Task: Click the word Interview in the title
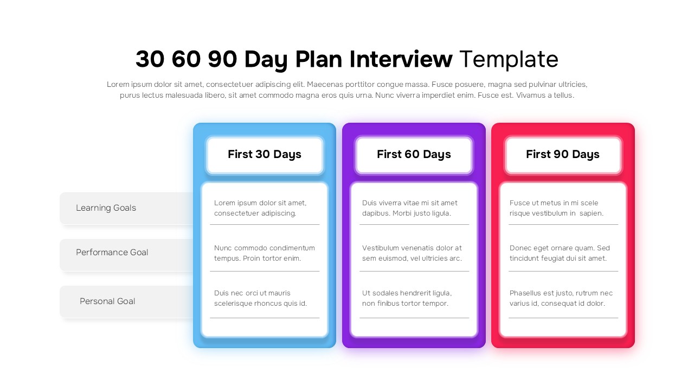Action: click(401, 59)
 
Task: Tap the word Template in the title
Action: click(509, 59)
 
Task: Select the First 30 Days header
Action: click(265, 154)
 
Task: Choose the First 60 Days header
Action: click(414, 154)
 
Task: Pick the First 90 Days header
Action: click(563, 154)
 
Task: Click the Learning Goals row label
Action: click(106, 208)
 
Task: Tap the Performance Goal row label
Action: click(112, 253)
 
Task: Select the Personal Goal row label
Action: click(107, 301)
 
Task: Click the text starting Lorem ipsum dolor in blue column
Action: click(260, 208)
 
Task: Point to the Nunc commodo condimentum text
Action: click(265, 253)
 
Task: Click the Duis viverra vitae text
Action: click(410, 208)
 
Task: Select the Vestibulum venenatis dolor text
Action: click(412, 253)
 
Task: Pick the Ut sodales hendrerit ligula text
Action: click(407, 298)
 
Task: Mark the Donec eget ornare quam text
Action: click(560, 253)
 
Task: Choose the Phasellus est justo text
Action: click(561, 298)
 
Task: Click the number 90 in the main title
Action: click(222, 59)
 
